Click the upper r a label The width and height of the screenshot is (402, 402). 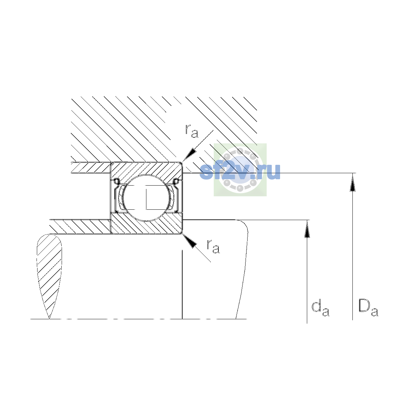click(192, 131)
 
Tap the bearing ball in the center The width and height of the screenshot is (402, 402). click(146, 198)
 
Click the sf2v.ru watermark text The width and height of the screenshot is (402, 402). click(240, 172)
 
